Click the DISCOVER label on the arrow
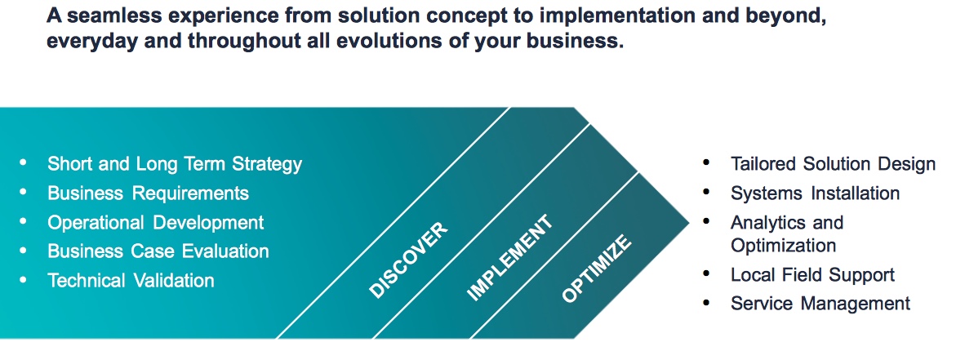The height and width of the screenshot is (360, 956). click(x=408, y=260)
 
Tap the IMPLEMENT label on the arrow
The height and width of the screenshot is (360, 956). click(x=509, y=258)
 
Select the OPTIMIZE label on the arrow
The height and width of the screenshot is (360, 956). click(x=596, y=269)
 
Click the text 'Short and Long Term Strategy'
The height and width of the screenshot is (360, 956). click(x=175, y=164)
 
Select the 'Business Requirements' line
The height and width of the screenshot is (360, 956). click(x=148, y=193)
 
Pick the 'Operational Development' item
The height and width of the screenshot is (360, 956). click(x=155, y=223)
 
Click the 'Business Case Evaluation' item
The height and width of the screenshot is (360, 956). click(x=158, y=251)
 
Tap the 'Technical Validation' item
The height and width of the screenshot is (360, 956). click(x=131, y=281)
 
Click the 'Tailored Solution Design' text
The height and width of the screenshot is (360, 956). click(x=833, y=164)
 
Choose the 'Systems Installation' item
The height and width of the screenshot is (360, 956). click(x=815, y=193)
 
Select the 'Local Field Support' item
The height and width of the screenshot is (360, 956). click(x=812, y=275)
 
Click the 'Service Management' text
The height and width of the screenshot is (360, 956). click(x=820, y=304)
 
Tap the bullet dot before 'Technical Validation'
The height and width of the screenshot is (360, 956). click(x=24, y=280)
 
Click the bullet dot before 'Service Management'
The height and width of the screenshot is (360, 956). click(x=707, y=303)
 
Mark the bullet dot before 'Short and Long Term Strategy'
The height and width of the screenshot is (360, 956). click(x=24, y=162)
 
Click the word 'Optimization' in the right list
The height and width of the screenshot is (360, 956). click(x=784, y=246)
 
